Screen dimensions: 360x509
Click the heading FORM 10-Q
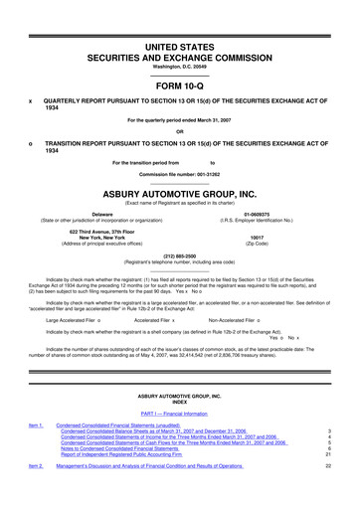click(x=180, y=84)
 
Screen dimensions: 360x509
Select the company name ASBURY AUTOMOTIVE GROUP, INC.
click(x=180, y=195)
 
